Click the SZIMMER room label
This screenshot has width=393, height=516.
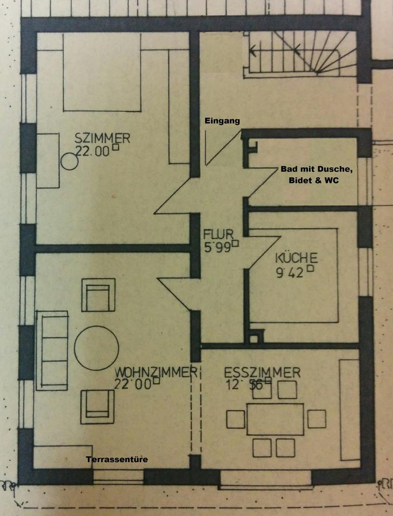coord(102,139)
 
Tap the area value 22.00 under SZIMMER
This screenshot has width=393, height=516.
coord(92,152)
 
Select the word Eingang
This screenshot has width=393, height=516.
coord(222,121)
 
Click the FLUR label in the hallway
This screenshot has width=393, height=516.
coord(218,234)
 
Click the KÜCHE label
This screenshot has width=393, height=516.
coord(296,257)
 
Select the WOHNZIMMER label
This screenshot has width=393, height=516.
coord(153,372)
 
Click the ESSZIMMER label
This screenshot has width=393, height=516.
coord(262,372)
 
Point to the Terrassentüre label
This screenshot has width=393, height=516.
coord(116,460)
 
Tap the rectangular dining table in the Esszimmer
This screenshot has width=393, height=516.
coord(275,419)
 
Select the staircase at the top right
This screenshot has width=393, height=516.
coord(301,54)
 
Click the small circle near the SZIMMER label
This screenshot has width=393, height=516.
coord(69,161)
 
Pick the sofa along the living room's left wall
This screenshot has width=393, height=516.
coord(52,350)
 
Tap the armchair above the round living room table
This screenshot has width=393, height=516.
coord(98,295)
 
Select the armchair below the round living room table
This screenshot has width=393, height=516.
coord(97,406)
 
